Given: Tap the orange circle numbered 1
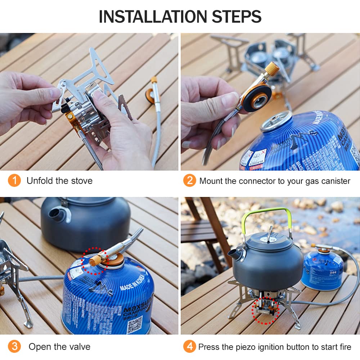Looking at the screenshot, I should click(x=14, y=180).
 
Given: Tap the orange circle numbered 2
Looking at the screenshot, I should click(x=189, y=180).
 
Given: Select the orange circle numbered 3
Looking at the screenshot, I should click(x=14, y=347).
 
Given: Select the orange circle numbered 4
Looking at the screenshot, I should click(x=189, y=347).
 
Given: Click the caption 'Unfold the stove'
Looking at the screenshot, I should click(x=59, y=180).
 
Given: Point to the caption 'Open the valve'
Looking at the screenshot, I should click(x=59, y=347).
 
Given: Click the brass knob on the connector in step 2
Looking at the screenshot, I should click(x=271, y=67).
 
